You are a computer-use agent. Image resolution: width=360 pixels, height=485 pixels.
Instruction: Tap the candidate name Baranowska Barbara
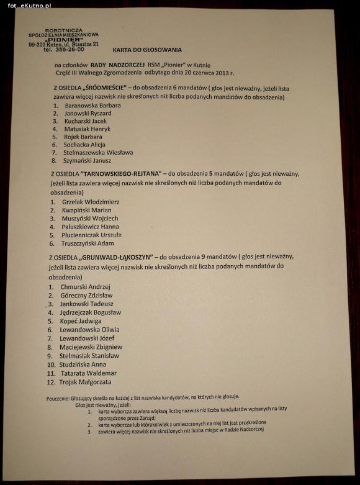coord(92,106)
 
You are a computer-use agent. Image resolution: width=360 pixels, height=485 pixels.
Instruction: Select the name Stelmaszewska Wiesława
coord(99,152)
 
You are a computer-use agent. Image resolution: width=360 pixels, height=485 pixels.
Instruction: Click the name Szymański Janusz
coord(88,160)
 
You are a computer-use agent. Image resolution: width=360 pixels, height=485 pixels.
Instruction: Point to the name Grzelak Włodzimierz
coord(90,202)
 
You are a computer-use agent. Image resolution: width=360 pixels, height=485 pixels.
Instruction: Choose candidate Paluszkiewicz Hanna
coord(90,227)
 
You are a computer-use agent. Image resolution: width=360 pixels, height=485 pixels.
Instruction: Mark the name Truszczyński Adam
coord(88,243)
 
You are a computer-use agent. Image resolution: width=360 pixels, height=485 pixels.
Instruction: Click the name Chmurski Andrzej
coord(85,287)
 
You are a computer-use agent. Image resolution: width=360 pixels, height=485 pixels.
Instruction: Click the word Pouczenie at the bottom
coord(61,397)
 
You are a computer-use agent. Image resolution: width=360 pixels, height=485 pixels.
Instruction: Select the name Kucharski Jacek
coord(86,121)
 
